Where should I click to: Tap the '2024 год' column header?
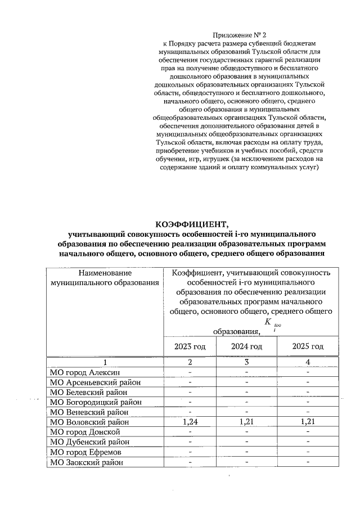(x=246, y=346)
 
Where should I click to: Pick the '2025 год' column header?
(x=308, y=346)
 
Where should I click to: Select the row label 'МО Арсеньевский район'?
(x=95, y=382)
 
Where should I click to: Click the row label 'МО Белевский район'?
(x=88, y=392)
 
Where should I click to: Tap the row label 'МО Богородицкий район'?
(x=96, y=402)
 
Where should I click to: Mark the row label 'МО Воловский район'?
(x=89, y=422)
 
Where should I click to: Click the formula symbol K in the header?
(x=268, y=322)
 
